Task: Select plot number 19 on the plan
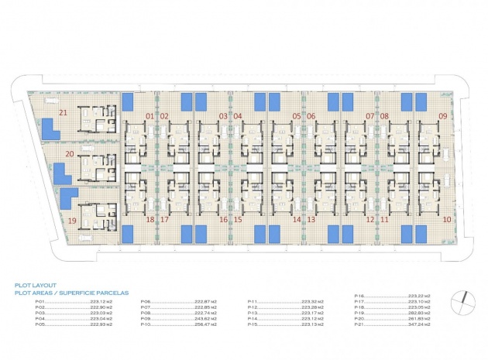[73, 220]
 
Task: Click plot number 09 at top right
[443, 116]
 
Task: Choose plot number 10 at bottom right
[448, 220]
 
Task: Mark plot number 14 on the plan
[297, 220]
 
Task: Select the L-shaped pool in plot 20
[60, 173]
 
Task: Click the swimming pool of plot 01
[131, 102]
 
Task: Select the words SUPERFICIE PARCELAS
[94, 293]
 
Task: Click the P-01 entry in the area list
[40, 302]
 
